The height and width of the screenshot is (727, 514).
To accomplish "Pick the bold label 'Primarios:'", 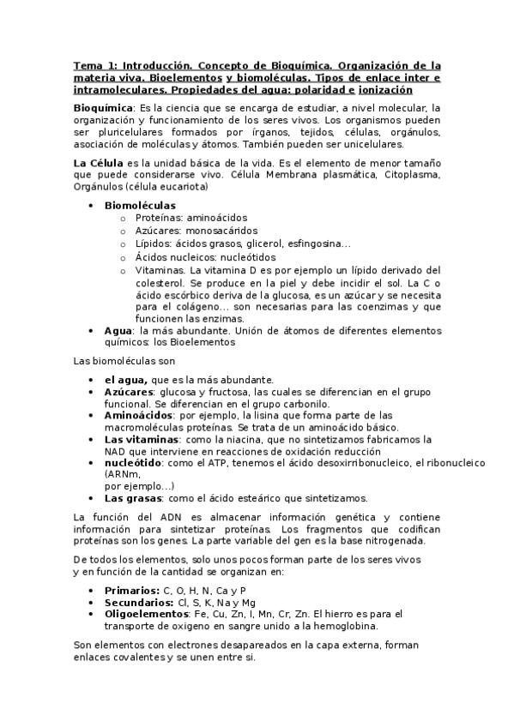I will coord(132,590).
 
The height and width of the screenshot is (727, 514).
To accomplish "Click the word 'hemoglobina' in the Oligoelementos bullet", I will coord(368,626).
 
